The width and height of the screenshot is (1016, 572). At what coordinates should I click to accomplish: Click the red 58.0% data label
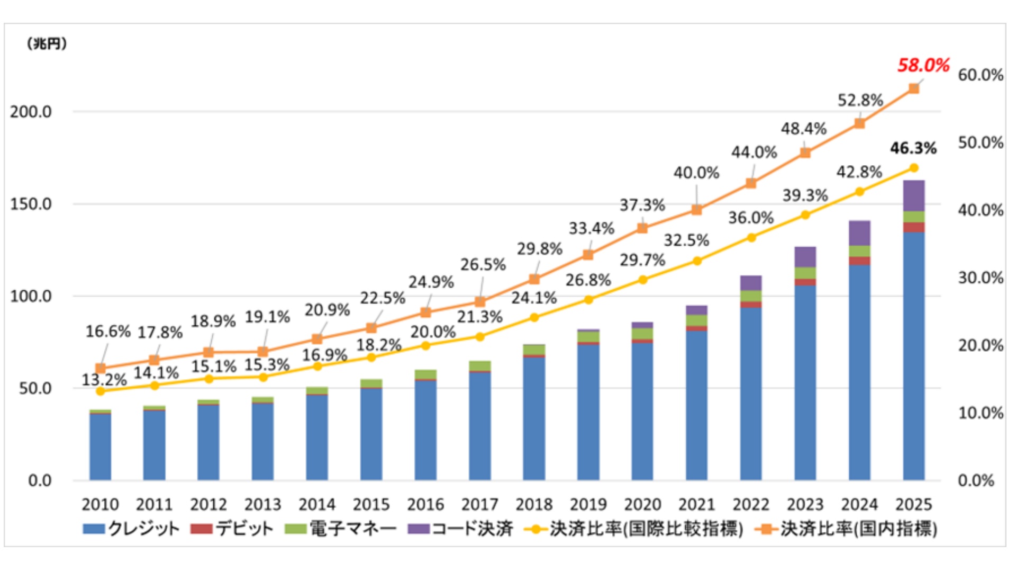(923, 66)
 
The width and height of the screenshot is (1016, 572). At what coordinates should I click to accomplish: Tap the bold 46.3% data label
(913, 148)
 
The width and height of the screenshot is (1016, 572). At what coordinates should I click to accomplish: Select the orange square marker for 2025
(914, 88)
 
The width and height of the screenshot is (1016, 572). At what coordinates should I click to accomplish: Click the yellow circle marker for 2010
(101, 391)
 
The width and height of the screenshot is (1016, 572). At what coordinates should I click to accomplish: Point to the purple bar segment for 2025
(914, 196)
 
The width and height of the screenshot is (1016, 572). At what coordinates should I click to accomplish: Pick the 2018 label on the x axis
(534, 505)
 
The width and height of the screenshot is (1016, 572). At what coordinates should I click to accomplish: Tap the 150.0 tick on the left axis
(31, 204)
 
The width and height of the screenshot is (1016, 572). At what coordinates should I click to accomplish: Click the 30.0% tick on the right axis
(981, 278)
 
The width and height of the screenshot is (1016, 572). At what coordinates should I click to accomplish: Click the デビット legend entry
(233, 529)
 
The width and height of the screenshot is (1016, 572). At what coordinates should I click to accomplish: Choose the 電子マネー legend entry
(341, 529)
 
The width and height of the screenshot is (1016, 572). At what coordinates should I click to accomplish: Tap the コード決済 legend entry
(460, 529)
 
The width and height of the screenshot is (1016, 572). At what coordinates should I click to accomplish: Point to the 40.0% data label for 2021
(696, 173)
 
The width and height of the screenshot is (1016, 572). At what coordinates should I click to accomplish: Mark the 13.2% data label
(104, 380)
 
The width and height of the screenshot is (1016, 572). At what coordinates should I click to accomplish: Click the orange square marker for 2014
(317, 339)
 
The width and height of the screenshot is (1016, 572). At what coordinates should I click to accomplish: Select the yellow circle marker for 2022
(751, 238)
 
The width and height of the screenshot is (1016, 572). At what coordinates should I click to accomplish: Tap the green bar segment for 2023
(805, 273)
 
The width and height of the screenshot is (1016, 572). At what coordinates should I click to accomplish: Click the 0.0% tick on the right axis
(976, 481)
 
